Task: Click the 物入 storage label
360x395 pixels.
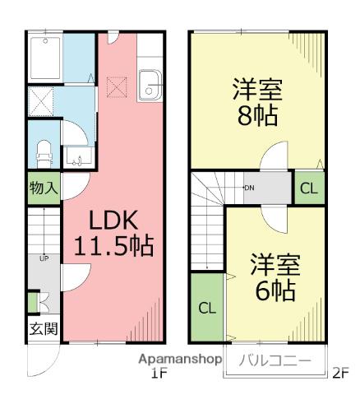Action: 43,188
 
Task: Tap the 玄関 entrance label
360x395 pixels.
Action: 43,330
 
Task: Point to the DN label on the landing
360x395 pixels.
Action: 248,188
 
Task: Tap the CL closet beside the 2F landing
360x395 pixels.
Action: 307,188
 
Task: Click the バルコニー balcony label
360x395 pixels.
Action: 275,360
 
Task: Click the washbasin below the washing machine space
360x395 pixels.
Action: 76,156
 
